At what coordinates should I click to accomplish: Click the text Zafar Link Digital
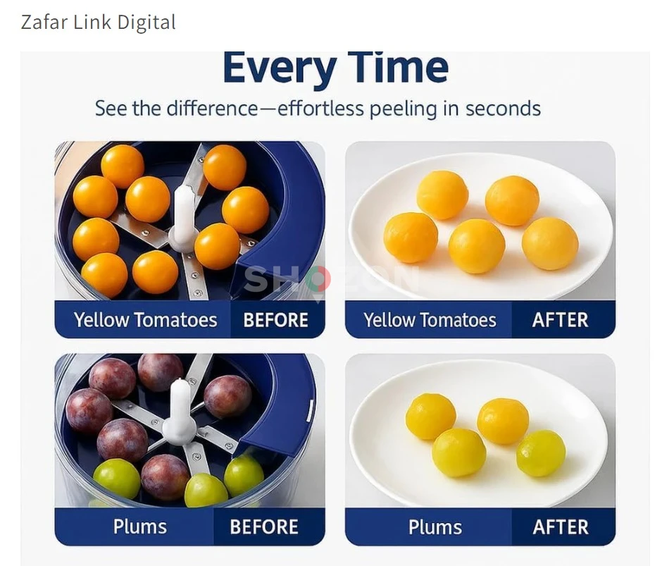pyautogui.click(x=98, y=23)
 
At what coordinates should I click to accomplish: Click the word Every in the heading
pyautogui.click(x=278, y=68)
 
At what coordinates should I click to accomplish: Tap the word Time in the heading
pyautogui.click(x=398, y=68)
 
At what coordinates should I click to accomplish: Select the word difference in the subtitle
pyautogui.click(x=212, y=109)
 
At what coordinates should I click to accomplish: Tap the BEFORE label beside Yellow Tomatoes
pyautogui.click(x=275, y=320)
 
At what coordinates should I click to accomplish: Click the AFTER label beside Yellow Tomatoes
pyautogui.click(x=560, y=320)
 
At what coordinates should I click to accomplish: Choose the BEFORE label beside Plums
pyautogui.click(x=264, y=527)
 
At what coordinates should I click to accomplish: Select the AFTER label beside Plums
pyautogui.click(x=560, y=527)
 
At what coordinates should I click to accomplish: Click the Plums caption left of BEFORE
pyautogui.click(x=140, y=527)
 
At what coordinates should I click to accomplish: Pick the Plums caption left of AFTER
pyautogui.click(x=435, y=527)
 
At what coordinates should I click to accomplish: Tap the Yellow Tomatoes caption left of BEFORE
pyautogui.click(x=145, y=320)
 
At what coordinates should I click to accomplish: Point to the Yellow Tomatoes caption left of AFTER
pyautogui.click(x=430, y=320)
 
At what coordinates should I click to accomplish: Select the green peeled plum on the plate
pyautogui.click(x=541, y=453)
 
